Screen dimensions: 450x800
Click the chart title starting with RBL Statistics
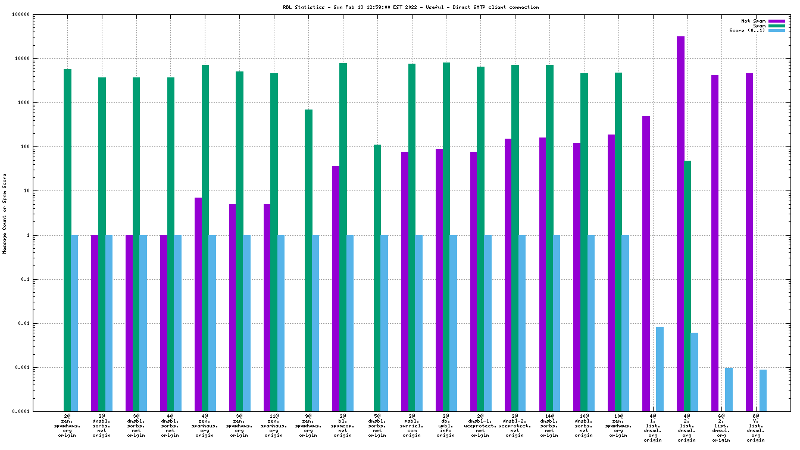point(411,7)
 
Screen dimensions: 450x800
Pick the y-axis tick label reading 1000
point(40,103)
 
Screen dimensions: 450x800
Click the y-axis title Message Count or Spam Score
point(5,214)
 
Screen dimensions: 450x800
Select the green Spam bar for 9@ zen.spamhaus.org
point(308,260)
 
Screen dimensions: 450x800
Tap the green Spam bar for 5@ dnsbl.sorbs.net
point(377,278)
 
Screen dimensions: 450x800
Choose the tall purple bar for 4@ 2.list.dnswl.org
point(680,224)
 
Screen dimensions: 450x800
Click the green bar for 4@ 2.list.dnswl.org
point(687,286)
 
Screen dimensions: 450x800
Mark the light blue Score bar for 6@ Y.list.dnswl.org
point(763,390)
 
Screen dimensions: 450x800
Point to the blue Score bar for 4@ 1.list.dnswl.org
point(660,369)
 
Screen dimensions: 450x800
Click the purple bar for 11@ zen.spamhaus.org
point(267,308)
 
